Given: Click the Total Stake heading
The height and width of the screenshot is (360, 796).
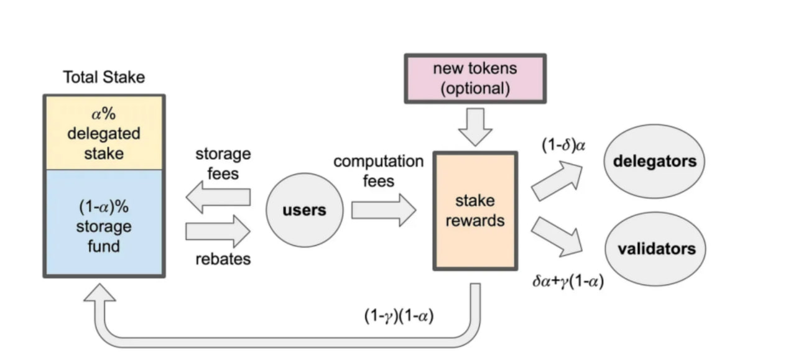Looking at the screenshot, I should pos(104,78).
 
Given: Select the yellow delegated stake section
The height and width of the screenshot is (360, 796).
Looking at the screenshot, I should pos(104,132).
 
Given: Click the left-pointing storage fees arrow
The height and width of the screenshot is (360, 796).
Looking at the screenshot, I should pos(218,198).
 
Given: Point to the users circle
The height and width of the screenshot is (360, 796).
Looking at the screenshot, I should pos(304,210).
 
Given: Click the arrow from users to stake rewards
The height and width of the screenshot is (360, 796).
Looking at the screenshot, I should pos(383,210).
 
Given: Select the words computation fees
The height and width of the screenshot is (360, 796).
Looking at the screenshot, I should pos(378,171).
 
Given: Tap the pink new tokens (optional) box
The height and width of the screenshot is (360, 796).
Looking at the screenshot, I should pos(475,78).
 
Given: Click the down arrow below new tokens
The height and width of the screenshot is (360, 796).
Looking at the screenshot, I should pos(475,127).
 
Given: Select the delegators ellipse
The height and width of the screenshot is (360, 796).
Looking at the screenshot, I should pos(654,162).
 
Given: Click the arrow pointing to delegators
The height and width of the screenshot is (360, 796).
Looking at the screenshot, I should pos(557,181).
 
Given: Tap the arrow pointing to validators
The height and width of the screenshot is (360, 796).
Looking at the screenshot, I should pos(557,236).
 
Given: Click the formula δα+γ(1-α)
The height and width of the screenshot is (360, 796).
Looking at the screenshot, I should pos(568,280).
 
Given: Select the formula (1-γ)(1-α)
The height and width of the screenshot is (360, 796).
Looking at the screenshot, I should pos(399,316).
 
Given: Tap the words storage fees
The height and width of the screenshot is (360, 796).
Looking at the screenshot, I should pos(223,163).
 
